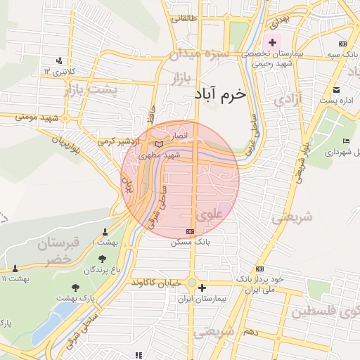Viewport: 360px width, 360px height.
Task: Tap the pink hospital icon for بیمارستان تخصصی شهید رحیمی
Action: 272,42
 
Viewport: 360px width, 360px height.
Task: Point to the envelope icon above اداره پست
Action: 336,89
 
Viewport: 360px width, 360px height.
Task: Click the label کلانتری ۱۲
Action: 58,72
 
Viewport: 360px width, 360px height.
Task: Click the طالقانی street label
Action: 184,20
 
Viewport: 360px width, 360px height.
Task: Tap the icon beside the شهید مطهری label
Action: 158,143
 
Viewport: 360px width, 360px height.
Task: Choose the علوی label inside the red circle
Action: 211,214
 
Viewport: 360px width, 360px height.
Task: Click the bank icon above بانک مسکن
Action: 190,231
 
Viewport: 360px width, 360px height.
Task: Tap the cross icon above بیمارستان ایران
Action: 202,287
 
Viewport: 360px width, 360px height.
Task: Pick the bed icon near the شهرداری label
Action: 345,141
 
